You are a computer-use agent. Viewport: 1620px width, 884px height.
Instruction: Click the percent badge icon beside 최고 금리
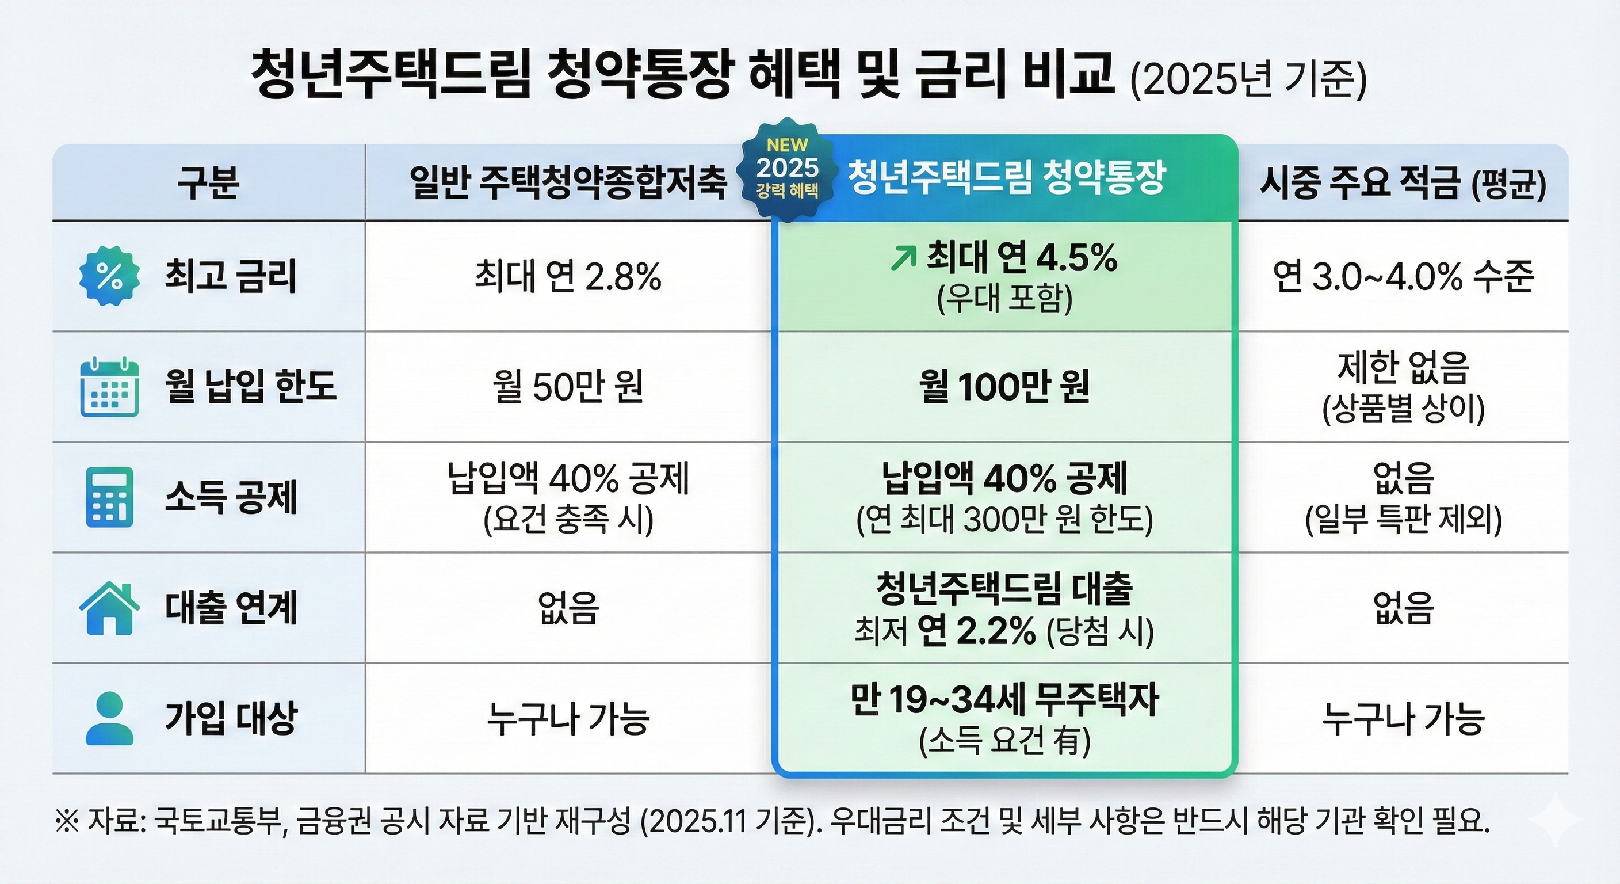109,277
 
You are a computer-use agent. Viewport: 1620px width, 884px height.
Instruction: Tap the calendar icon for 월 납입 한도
109,386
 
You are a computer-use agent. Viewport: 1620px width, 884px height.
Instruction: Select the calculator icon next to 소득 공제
109,497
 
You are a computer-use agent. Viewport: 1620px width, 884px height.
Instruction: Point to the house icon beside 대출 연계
109,608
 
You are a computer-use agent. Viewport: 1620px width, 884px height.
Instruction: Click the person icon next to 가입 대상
109,718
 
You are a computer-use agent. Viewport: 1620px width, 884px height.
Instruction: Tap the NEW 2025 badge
788,169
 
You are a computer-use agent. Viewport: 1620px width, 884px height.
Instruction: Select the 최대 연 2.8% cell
568,277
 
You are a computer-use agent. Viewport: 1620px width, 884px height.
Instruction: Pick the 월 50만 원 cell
568,386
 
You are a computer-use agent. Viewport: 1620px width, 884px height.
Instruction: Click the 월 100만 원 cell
1004,386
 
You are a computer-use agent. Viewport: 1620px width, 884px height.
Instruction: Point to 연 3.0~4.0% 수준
1403,277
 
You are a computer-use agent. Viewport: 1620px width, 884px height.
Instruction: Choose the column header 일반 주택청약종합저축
568,183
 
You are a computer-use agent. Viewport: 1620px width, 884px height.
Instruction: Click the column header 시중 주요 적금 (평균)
1403,183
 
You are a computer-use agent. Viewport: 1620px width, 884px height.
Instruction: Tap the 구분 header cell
208,183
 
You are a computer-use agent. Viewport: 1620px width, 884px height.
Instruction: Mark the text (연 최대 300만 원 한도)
1004,521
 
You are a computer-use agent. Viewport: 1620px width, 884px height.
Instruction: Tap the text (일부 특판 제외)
1403,521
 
